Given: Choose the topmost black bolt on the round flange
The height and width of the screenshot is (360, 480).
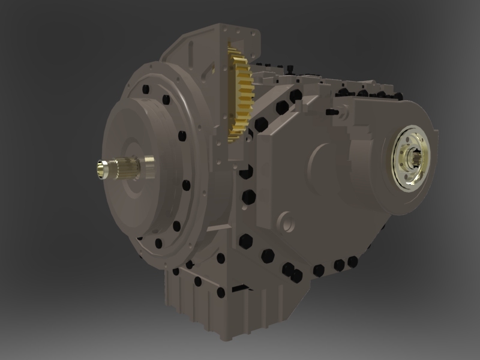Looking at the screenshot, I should coord(146,90).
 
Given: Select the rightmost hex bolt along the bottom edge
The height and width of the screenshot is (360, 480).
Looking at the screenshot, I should coord(353,260).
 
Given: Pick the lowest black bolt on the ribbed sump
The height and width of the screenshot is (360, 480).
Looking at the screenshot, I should coord(220,293).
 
